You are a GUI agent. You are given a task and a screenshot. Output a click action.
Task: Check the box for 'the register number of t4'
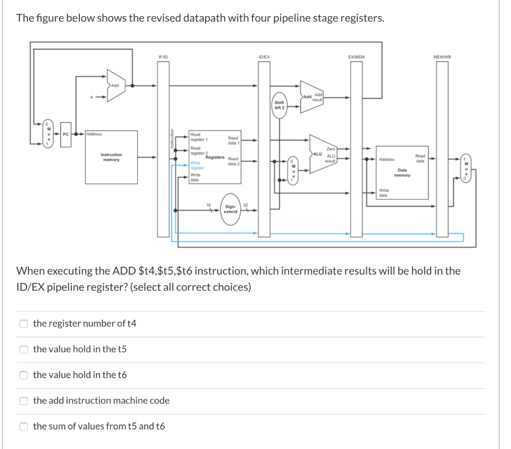click(23, 324)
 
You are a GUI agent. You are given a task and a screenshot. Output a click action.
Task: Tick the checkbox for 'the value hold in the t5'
click(23, 349)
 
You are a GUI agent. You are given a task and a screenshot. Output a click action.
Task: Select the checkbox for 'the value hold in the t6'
click(23, 375)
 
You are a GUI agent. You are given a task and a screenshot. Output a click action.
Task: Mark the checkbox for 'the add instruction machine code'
click(23, 401)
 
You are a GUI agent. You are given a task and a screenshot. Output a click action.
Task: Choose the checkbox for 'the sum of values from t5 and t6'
click(23, 427)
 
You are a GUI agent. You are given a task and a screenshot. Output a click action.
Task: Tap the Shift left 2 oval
click(279, 105)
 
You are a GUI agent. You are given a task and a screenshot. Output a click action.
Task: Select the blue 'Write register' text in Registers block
click(197, 165)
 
